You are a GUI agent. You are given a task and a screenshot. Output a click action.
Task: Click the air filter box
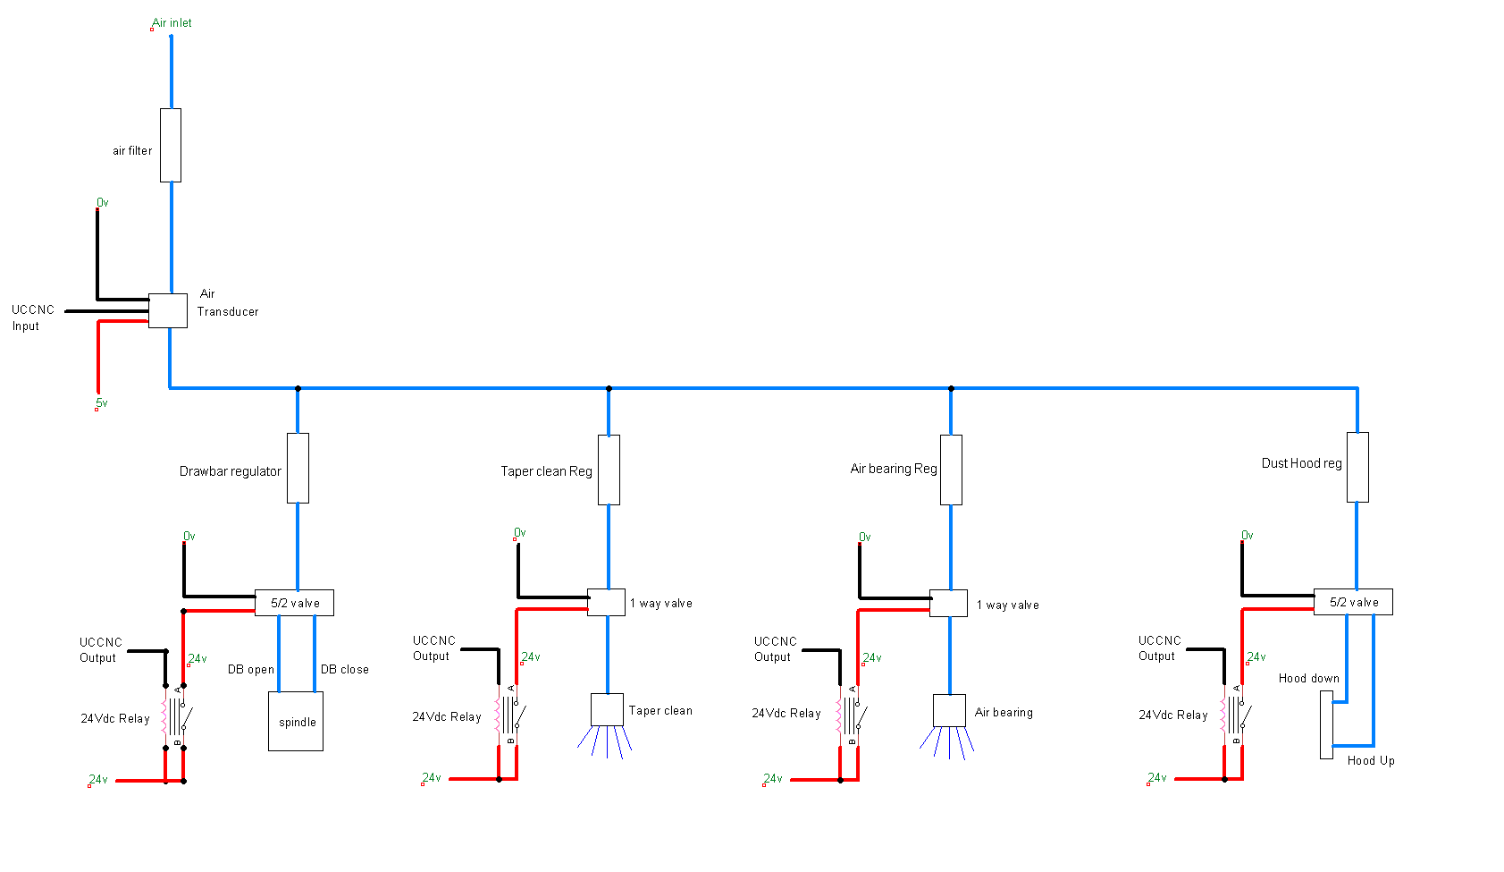171,146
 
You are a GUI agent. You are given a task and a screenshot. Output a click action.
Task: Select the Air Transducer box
168,310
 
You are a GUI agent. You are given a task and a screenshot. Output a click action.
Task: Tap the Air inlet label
172,23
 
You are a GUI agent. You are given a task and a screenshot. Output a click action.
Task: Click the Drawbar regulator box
298,469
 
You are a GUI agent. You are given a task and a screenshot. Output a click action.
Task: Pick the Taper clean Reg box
609,470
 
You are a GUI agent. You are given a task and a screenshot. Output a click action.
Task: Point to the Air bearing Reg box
951,470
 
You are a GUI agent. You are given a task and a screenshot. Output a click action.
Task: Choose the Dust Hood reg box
1357,468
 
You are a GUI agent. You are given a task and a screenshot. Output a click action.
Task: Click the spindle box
296,722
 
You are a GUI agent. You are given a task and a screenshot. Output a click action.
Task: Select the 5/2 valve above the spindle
294,603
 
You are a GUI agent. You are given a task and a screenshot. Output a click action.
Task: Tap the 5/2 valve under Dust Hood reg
1353,602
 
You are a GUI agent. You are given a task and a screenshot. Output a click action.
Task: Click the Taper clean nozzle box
607,710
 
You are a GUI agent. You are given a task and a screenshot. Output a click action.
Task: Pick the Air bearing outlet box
949,711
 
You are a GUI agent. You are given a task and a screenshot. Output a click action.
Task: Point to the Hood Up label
1371,761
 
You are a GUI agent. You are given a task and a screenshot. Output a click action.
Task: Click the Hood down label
1308,679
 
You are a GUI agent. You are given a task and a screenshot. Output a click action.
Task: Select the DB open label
251,670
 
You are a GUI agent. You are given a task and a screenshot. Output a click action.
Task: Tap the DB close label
345,670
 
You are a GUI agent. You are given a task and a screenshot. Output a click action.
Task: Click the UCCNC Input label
33,318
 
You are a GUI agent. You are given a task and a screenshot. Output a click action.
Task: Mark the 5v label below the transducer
102,403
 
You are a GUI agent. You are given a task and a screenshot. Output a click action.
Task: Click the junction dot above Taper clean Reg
609,388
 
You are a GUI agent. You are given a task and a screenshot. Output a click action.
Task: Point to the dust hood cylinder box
1326,724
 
